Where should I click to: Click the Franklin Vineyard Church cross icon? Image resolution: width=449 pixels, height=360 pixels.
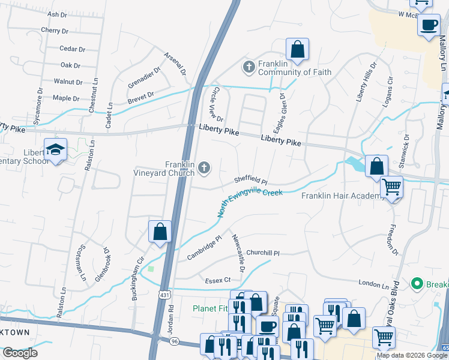click(x=204, y=168)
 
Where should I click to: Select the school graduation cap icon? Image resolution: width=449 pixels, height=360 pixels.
click(x=55, y=150)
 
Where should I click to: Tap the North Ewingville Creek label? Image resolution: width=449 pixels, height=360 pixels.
click(x=250, y=202)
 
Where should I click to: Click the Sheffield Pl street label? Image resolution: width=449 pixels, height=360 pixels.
click(x=250, y=180)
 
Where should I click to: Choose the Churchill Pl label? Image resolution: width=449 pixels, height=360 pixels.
click(x=263, y=253)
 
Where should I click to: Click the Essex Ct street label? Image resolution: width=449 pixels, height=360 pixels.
click(x=218, y=280)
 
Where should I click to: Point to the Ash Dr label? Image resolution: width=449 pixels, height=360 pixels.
click(x=56, y=14)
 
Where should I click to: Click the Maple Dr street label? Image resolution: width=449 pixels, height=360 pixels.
click(x=66, y=98)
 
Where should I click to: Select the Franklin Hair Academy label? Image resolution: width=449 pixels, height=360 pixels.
click(x=342, y=196)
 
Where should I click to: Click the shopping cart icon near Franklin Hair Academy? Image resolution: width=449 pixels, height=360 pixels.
click(x=391, y=188)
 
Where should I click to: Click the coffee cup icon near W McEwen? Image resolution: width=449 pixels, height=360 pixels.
click(x=429, y=26)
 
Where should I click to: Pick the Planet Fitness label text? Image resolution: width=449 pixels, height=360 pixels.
click(x=210, y=308)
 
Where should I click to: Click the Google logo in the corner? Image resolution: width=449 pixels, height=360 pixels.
click(x=20, y=353)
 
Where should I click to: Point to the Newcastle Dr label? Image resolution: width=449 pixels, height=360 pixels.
click(x=238, y=253)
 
